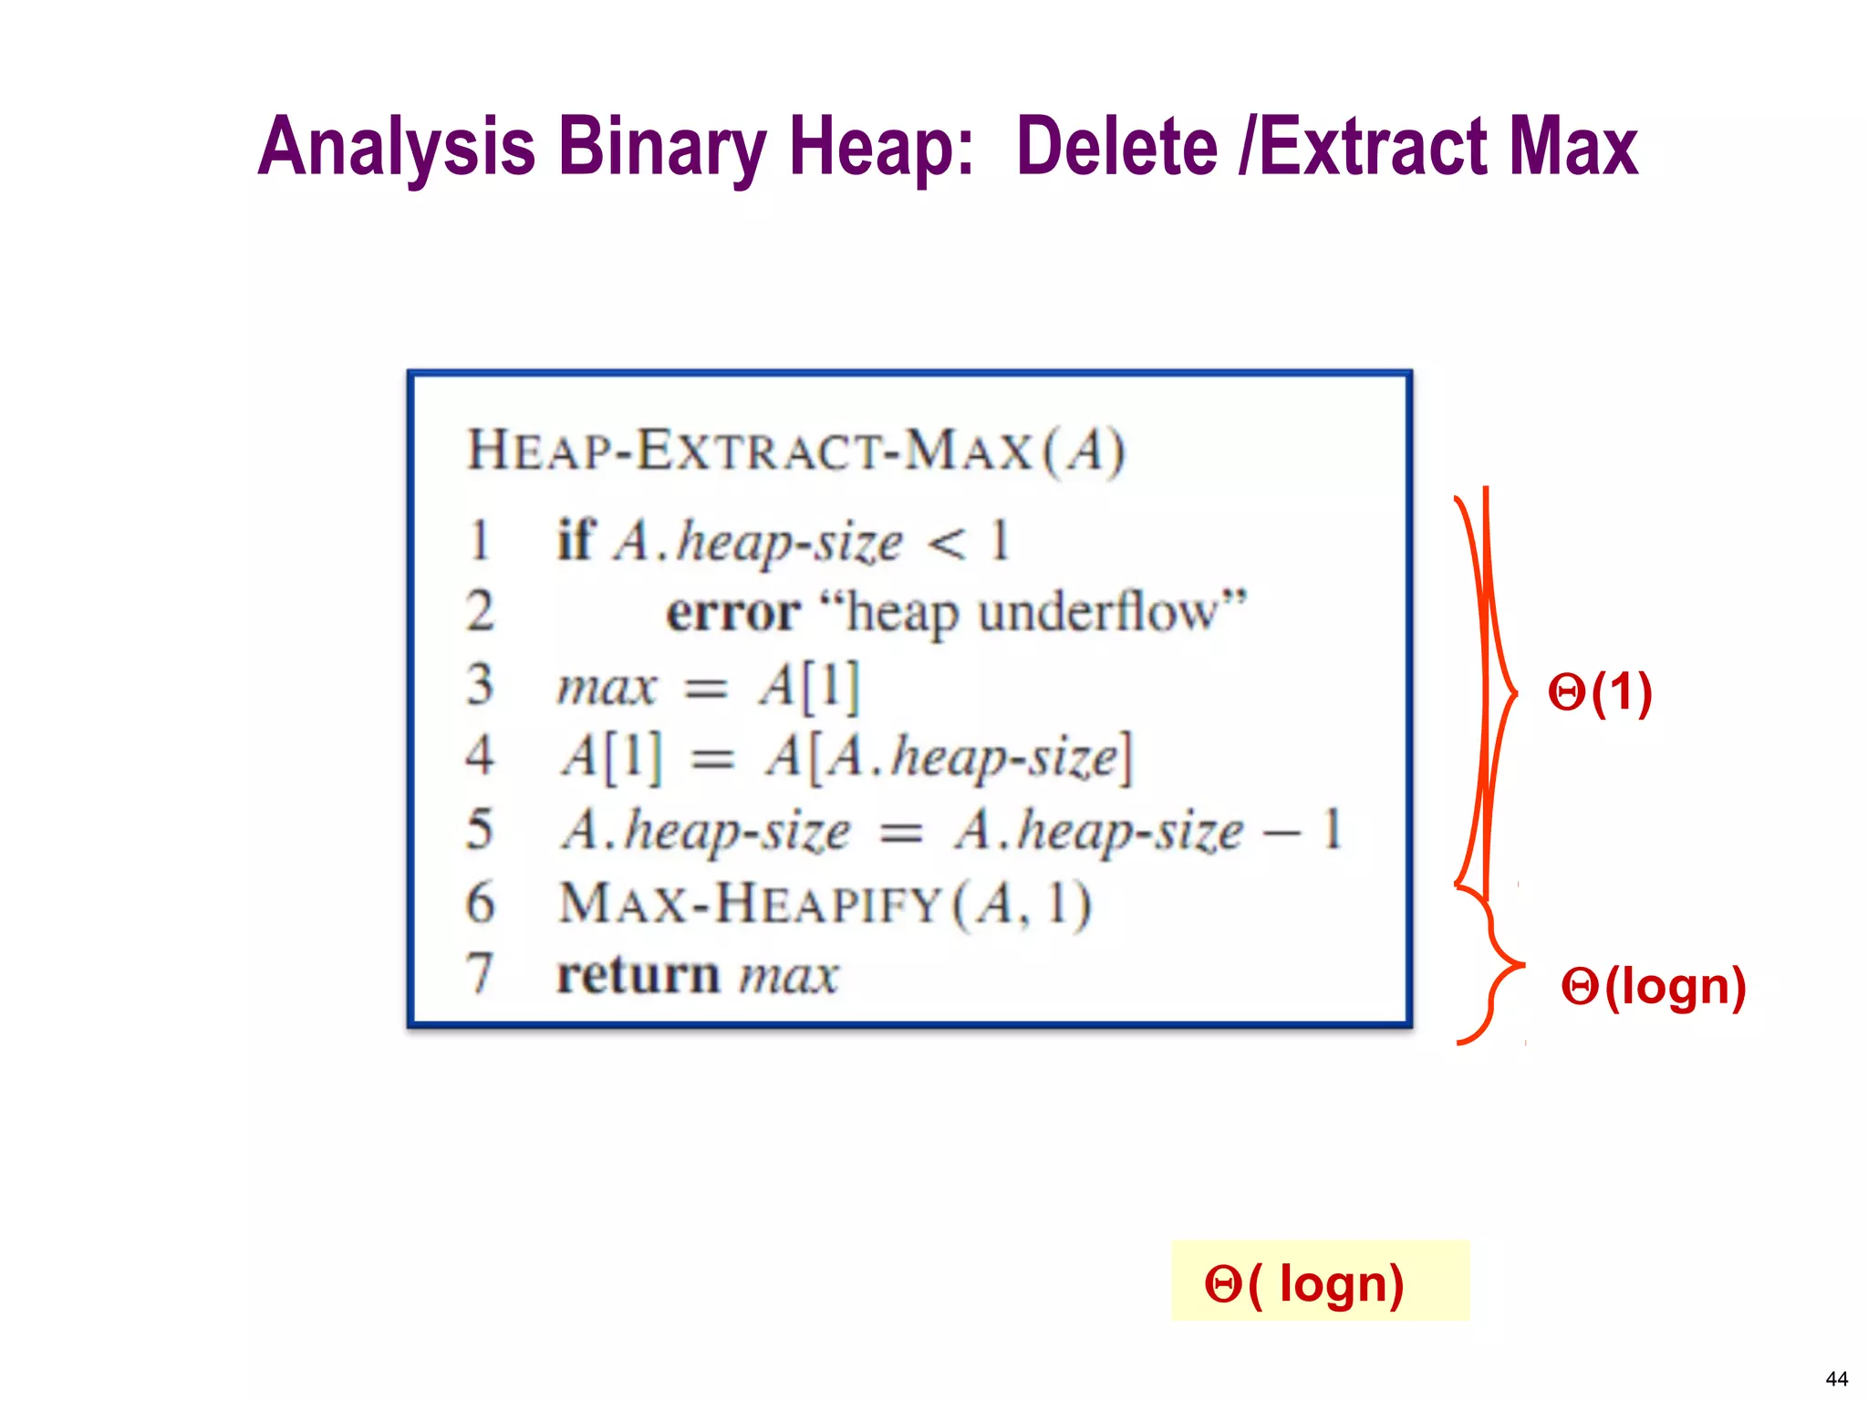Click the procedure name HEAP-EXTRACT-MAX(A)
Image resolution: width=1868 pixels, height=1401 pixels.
pyautogui.click(x=795, y=451)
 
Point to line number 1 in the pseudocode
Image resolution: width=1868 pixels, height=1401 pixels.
pyautogui.click(x=479, y=540)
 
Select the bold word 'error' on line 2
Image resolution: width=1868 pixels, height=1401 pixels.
pyautogui.click(x=733, y=612)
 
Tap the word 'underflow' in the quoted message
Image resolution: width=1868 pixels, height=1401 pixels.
pyautogui.click(x=1097, y=612)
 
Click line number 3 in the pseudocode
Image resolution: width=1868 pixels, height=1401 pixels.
pyautogui.click(x=480, y=685)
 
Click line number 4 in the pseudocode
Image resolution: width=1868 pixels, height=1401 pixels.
pyautogui.click(x=480, y=756)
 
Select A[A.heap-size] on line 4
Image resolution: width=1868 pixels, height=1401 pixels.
pyautogui.click(x=949, y=757)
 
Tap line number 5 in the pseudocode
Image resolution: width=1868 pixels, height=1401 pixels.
pyautogui.click(x=480, y=830)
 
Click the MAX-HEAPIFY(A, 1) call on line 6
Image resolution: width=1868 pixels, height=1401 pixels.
pyautogui.click(x=825, y=904)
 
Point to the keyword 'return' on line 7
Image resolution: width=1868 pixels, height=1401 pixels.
pyautogui.click(x=638, y=975)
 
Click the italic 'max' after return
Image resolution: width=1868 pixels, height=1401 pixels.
pyautogui.click(x=789, y=975)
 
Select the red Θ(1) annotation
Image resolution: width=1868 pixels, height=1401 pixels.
pyautogui.click(x=1600, y=693)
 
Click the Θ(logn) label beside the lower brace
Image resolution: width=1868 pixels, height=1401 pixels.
pyautogui.click(x=1653, y=987)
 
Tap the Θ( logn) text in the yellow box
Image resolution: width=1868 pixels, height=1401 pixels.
pyautogui.click(x=1304, y=1284)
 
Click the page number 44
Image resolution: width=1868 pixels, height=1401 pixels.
pyautogui.click(x=1836, y=1378)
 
